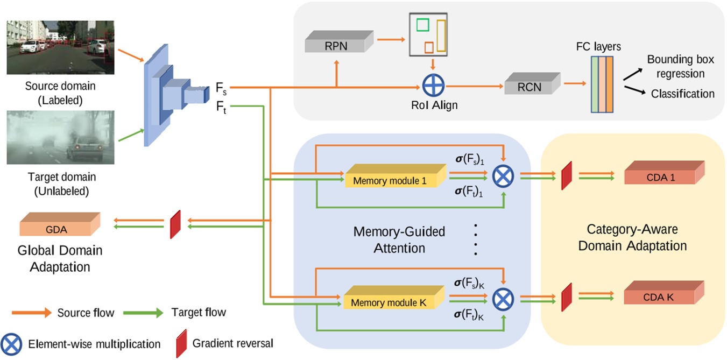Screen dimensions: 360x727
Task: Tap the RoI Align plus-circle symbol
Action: [x=432, y=86]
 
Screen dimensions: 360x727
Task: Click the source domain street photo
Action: [x=60, y=47]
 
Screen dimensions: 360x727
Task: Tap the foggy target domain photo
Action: [x=60, y=137]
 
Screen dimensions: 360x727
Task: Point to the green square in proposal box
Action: [x=422, y=25]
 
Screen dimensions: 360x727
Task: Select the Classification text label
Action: [x=682, y=94]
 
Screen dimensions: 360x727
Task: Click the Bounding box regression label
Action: [x=675, y=66]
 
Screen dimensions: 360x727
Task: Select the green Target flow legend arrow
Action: [x=143, y=313]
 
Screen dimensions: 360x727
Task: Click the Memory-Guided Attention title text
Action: [x=399, y=240]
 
